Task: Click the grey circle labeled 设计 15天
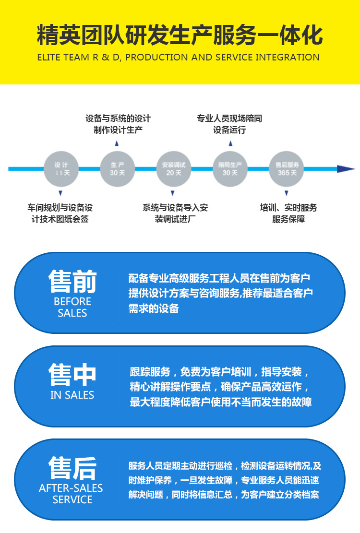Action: (60, 168)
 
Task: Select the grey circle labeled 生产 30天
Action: (117, 168)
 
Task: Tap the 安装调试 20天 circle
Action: (173, 168)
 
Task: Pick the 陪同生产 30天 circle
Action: (230, 168)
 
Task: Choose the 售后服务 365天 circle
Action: (287, 168)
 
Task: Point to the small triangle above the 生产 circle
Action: (117, 143)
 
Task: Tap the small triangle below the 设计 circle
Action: (60, 193)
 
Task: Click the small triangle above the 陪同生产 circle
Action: (230, 143)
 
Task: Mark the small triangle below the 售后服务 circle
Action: (287, 193)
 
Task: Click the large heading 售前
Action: (72, 281)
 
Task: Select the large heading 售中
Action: (72, 375)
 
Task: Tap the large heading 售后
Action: (72, 468)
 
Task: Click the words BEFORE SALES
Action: (72, 307)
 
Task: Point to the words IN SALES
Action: (72, 395)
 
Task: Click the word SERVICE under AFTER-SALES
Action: (72, 499)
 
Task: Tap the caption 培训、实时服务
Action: (288, 208)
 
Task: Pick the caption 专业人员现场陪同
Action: (229, 118)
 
